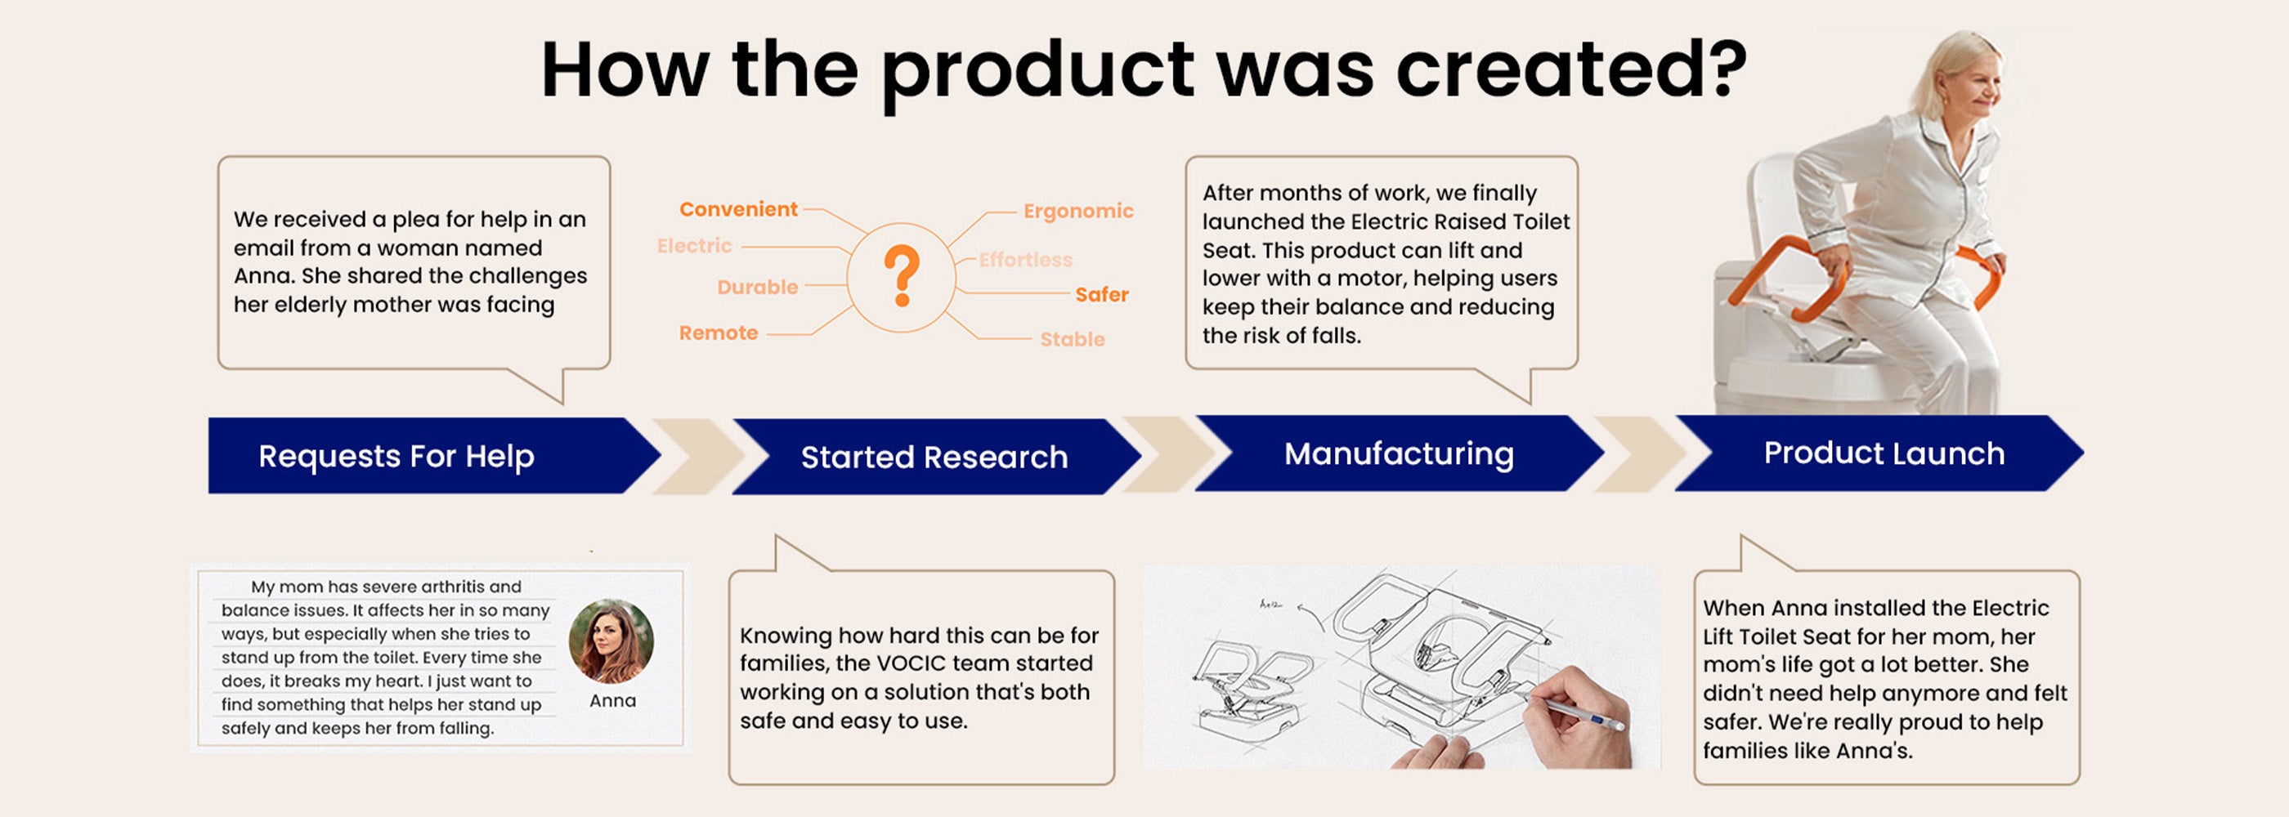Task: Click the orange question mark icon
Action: (901, 276)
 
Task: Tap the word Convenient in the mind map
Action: (738, 210)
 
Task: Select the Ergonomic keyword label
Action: (1077, 212)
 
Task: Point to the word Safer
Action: (1102, 295)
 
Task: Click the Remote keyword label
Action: (718, 333)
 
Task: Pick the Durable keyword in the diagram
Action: (757, 288)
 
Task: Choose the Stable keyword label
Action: (1073, 339)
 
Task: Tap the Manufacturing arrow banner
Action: (1400, 453)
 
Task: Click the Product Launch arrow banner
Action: (1879, 453)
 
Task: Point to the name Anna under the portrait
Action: (612, 701)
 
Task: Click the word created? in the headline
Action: (1571, 69)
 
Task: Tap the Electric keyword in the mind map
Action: (694, 246)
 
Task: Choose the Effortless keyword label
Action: (1025, 260)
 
